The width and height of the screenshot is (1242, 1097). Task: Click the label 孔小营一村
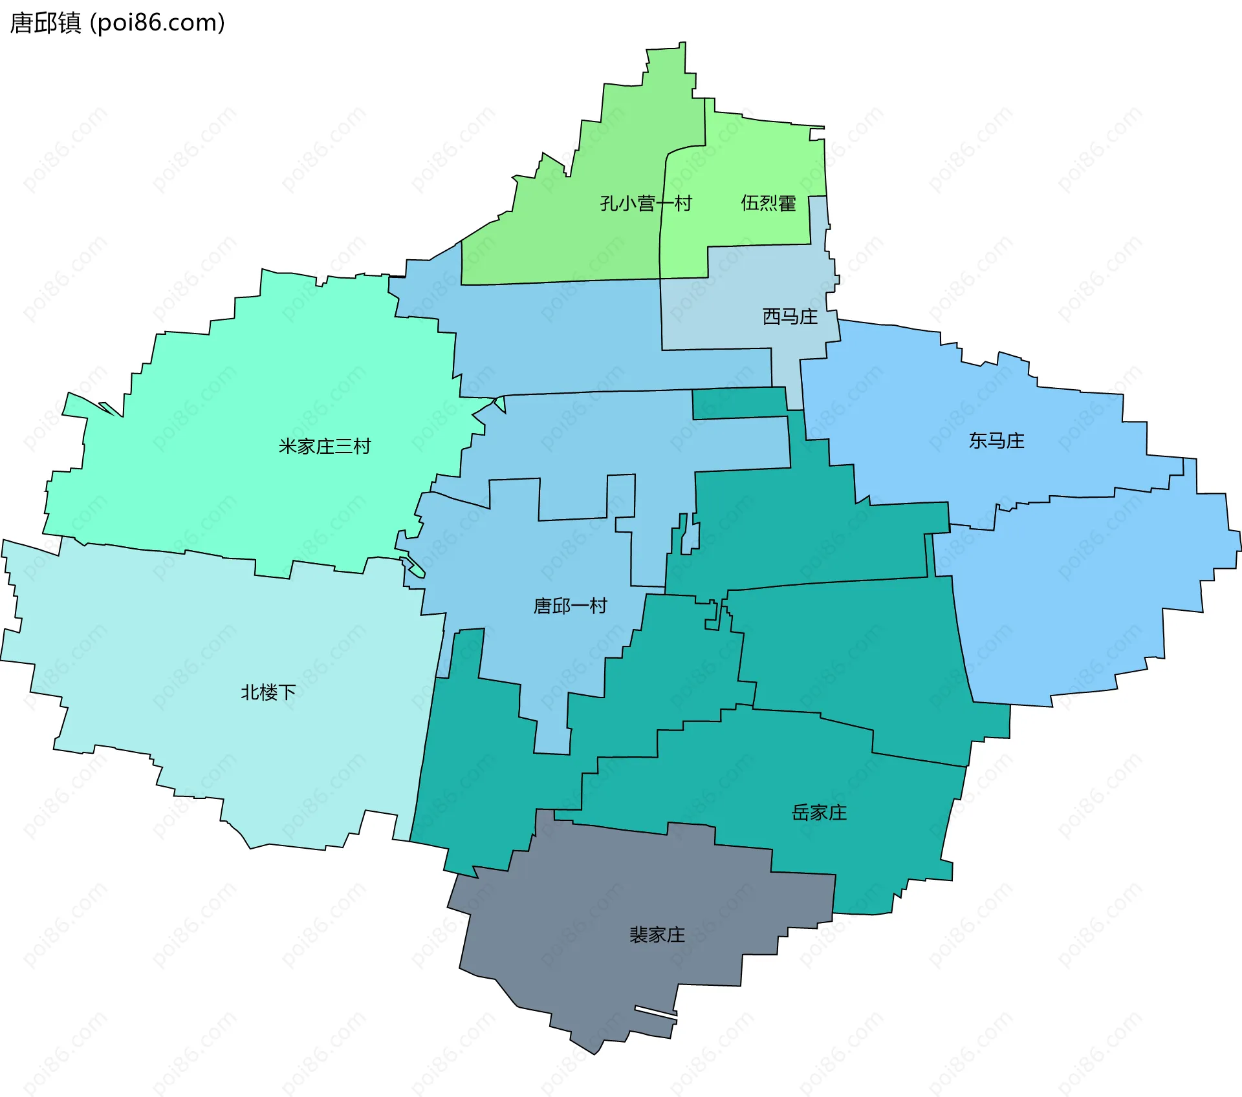tap(646, 204)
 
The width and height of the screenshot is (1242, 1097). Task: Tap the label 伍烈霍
tap(768, 203)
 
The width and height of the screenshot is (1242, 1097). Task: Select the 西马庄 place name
tap(790, 317)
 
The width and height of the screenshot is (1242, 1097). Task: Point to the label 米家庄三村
tap(325, 447)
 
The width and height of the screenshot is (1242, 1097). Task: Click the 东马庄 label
tap(996, 441)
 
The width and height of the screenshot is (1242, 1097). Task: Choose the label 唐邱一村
tap(570, 606)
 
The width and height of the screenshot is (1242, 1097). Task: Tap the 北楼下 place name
tap(268, 692)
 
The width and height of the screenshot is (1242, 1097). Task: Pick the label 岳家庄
tap(819, 813)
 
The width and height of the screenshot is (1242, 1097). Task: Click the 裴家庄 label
tap(657, 935)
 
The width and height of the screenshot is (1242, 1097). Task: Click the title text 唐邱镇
tap(45, 23)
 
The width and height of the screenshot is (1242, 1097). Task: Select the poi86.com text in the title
tap(157, 23)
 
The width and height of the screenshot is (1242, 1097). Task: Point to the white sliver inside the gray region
tap(656, 1012)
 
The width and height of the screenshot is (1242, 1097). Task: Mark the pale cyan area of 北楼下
tap(194, 646)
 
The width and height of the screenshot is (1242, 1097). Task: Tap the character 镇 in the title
tap(69, 23)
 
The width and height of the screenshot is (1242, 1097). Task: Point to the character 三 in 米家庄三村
tap(343, 447)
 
